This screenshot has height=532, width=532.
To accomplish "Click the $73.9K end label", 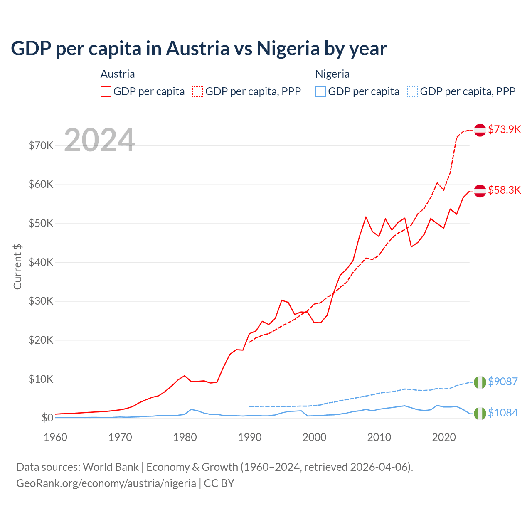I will [x=504, y=129].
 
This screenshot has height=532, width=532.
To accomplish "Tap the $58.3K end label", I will [x=504, y=190].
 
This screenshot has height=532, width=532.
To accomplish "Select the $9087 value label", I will [x=502, y=382].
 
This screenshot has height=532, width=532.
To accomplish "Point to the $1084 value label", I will [x=502, y=413].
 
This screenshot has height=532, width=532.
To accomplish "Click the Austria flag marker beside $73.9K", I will [x=480, y=130].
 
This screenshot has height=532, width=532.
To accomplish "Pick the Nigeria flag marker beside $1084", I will [x=480, y=413].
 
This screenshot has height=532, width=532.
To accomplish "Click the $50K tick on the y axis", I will [x=41, y=224].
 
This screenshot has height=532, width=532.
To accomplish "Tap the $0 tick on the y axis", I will [x=47, y=418].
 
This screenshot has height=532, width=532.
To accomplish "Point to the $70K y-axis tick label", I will [x=41, y=146].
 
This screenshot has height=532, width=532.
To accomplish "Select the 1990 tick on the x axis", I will [x=250, y=437].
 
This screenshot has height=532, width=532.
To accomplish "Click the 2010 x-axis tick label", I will [x=379, y=437].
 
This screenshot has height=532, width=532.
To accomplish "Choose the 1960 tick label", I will [x=56, y=437].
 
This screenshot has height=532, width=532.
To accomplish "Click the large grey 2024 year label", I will [x=100, y=140].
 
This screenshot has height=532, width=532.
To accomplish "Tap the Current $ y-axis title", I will [x=17, y=267].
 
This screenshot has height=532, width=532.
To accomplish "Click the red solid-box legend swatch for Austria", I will [x=106, y=91].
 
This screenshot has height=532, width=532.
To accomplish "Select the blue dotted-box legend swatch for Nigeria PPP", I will [x=413, y=91].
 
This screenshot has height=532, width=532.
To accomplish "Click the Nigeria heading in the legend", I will [x=332, y=74].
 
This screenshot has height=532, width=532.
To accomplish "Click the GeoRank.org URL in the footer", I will [x=106, y=483].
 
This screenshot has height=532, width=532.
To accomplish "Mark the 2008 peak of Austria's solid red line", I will [x=366, y=217].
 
